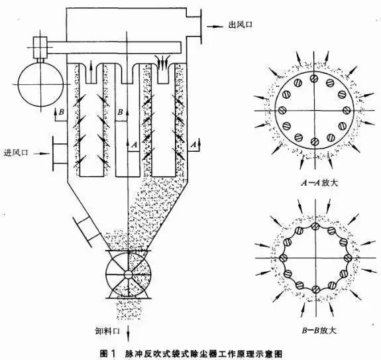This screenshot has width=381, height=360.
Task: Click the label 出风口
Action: click(241, 25)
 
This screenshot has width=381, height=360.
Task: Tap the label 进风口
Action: click(16, 152)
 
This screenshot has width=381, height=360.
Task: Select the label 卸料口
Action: click(107, 331)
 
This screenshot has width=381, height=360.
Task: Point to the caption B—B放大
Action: click(319, 330)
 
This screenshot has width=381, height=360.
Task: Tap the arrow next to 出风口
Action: click(215, 26)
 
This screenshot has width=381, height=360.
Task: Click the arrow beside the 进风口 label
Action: click(41, 153)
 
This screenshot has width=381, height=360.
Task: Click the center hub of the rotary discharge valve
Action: click(128, 274)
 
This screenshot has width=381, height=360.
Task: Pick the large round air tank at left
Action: click(41, 84)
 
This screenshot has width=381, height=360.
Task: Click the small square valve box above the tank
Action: click(40, 48)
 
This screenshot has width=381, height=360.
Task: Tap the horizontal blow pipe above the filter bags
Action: click(114, 47)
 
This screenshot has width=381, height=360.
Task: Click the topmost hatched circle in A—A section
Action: click(314, 78)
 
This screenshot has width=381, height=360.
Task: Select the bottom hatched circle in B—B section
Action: click(315, 290)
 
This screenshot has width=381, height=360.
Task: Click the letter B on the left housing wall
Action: click(62, 112)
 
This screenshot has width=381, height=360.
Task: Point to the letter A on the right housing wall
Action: click(193, 145)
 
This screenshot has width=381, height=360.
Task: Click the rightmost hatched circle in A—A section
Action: click(347, 110)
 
